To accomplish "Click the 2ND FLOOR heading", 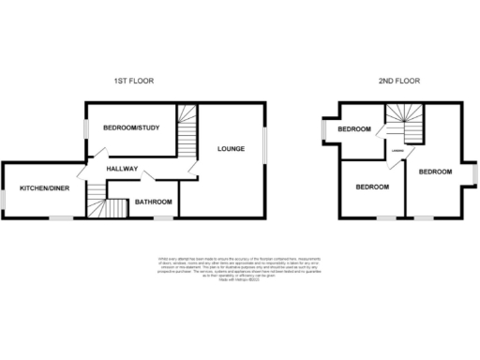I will coord(399,82).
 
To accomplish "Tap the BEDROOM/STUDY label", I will coord(132,127).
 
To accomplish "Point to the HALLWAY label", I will coord(122,169).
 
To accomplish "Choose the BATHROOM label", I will coord(153,202).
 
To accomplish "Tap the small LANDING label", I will coord(397,150).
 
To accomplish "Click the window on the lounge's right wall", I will coord(263,145).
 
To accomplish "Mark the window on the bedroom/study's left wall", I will coord(87,128).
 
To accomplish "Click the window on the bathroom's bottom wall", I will coord(163,217).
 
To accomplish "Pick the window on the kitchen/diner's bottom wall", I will coord(62,217).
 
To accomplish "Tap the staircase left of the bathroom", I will coord(97,198).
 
